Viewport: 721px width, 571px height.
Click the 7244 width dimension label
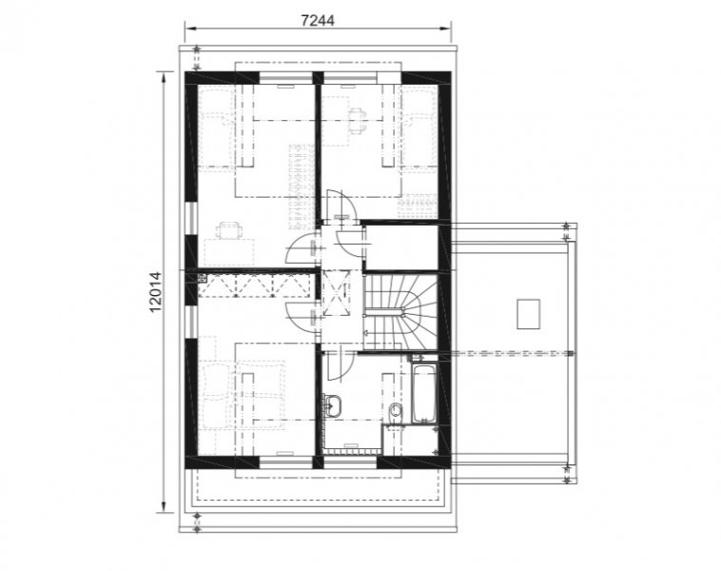[x=318, y=20]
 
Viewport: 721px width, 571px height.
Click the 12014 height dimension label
[x=156, y=292]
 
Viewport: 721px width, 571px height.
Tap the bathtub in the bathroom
[x=423, y=393]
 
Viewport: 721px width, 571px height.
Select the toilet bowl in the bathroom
[x=395, y=409]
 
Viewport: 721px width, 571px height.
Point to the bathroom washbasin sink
[x=333, y=405]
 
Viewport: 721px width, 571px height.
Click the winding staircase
[x=400, y=311]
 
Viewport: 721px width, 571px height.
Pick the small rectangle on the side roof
[x=528, y=314]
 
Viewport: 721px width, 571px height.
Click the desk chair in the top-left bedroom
[x=228, y=229]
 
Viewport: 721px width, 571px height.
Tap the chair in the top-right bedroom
[x=357, y=121]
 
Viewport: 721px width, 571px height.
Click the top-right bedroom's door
[x=341, y=205]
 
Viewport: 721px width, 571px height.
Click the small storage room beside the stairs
[x=401, y=247]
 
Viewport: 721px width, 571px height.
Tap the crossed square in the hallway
[x=336, y=292]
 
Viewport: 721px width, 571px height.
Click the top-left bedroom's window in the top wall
[x=286, y=78]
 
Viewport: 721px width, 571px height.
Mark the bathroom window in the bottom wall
[x=350, y=462]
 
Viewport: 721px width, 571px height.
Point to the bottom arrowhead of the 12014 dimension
[x=164, y=506]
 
